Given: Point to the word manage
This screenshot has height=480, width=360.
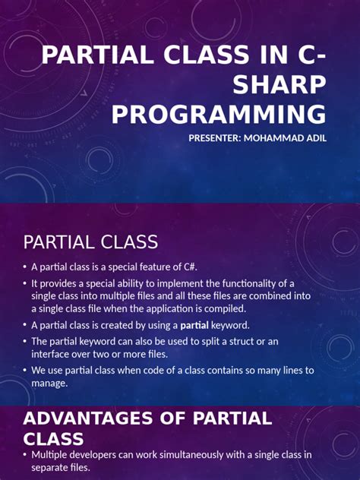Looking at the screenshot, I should click(x=49, y=383).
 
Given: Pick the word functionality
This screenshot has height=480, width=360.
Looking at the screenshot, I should click(x=267, y=283).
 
